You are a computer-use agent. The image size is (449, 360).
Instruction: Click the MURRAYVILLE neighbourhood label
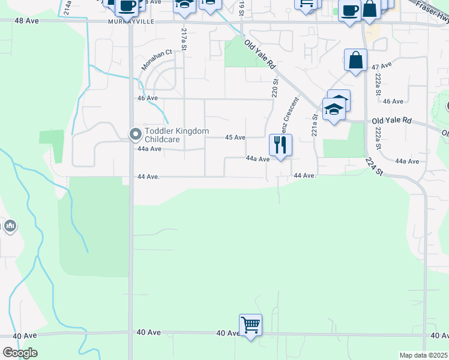click(x=130, y=22)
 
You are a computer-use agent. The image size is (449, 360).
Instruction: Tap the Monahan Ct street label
click(x=157, y=60)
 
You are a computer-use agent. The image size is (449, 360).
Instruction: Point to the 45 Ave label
click(x=235, y=137)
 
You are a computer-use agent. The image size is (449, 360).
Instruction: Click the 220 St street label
click(x=276, y=89)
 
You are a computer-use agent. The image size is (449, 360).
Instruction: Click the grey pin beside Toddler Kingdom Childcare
click(x=135, y=133)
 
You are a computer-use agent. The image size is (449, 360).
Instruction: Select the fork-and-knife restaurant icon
click(x=280, y=144)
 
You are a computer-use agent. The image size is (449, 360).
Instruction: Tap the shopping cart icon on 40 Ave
click(x=250, y=325)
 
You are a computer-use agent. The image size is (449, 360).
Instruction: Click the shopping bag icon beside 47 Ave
click(x=355, y=60)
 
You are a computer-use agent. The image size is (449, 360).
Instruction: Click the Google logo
click(x=20, y=353)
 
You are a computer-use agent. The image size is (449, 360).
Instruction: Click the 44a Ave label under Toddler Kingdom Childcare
click(x=149, y=149)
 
